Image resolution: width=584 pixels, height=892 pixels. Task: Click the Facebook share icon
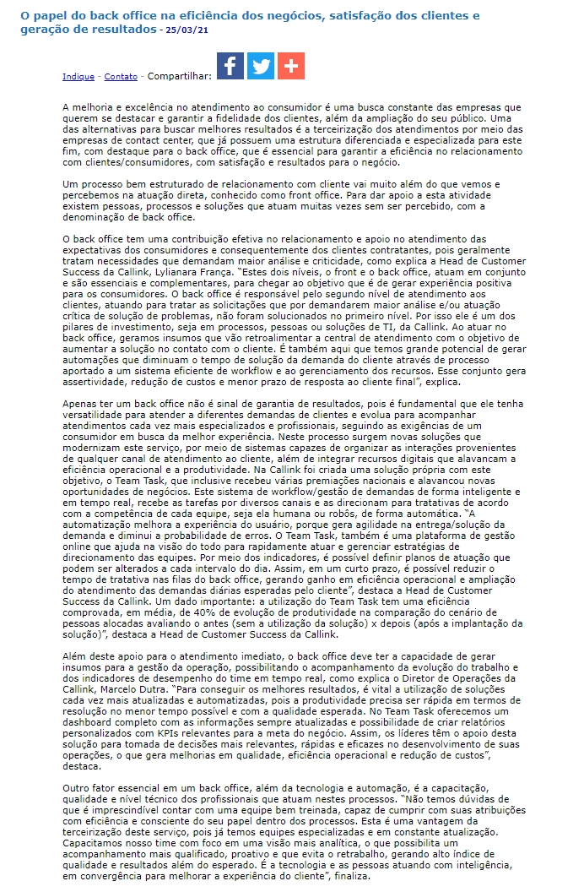pos(230,66)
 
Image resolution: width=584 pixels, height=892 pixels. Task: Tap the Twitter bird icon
pos(261,66)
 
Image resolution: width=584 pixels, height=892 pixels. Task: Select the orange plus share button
pos(291,66)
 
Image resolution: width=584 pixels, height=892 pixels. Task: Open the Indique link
pos(78,77)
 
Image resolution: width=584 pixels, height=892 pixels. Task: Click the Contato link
pos(121,77)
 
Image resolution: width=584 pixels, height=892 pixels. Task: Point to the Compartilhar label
pos(179,77)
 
